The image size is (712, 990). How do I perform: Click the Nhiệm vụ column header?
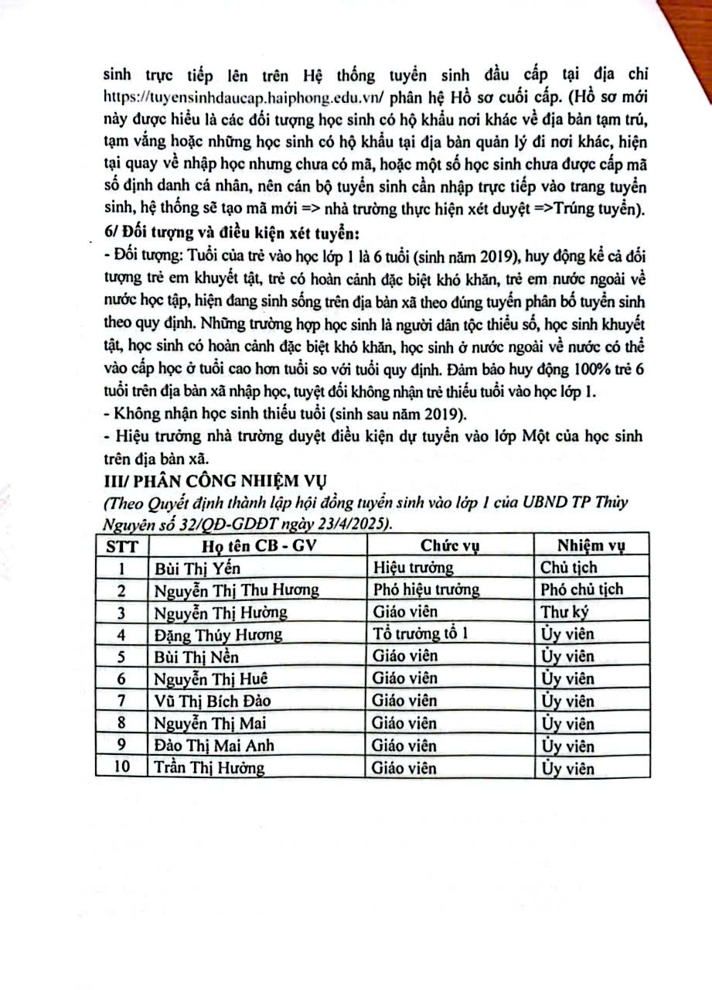pos(591,545)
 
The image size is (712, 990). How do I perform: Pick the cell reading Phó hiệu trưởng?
pos(426,589)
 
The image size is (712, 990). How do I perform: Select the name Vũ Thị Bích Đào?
pos(213,702)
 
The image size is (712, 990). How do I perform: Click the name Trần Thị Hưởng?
pos(209,768)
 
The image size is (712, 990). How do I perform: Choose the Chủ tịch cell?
pos(569,568)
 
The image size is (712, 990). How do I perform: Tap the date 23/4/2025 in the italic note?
pos(352,524)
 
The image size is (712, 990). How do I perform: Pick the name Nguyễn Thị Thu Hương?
pos(236,589)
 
